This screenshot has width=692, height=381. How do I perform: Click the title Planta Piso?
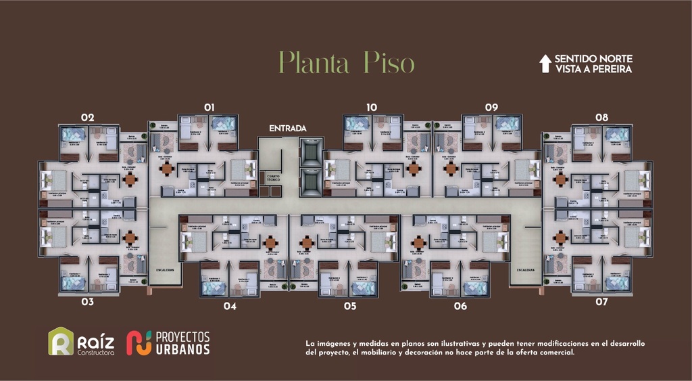point(347,63)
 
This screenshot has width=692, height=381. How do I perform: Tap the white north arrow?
point(545,64)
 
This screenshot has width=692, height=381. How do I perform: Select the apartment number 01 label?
point(209,107)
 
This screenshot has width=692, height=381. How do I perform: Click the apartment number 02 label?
point(87,117)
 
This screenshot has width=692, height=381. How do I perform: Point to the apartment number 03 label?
point(87,302)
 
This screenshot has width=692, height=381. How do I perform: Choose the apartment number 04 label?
point(230,306)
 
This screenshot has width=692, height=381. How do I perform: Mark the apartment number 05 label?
point(349,306)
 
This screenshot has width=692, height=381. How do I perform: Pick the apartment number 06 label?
point(460,306)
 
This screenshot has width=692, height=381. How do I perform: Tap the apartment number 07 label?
point(601,302)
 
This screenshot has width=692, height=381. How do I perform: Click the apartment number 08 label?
point(601,117)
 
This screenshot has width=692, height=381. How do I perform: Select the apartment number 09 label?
point(491,107)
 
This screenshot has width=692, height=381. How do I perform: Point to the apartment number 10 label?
point(371,107)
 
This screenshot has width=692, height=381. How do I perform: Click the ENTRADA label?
point(288,128)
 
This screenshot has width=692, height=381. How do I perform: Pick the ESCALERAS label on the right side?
point(526,269)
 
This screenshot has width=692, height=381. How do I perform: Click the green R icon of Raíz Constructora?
point(60,342)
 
